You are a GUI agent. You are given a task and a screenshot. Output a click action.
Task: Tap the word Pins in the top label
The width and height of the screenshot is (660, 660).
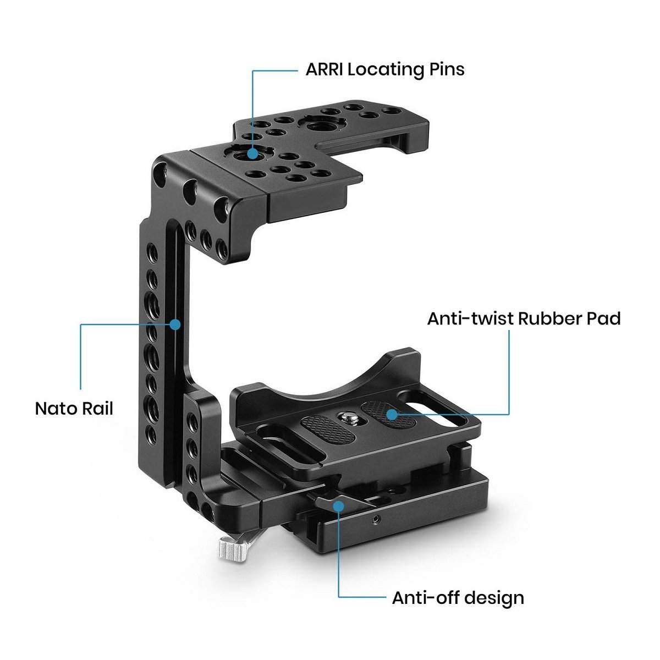click(446, 70)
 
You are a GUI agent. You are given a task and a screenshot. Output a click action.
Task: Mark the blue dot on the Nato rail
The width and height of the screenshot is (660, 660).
click(175, 324)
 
